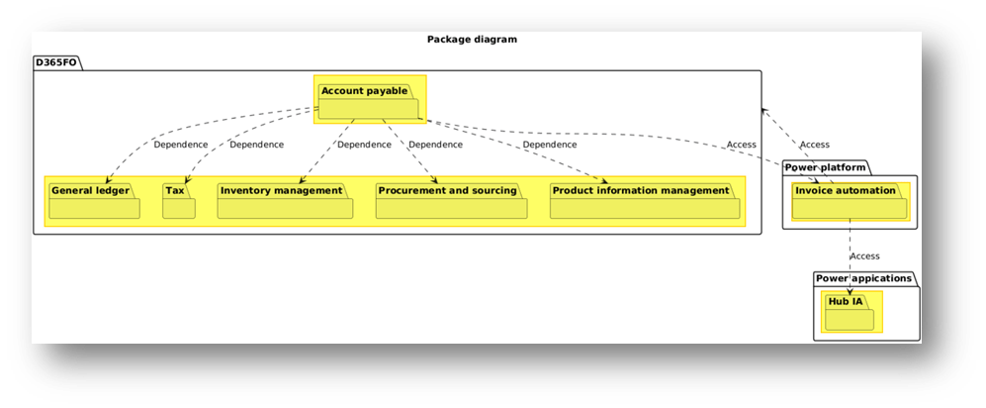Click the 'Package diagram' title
(x=472, y=40)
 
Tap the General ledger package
(x=94, y=200)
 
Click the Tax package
(x=179, y=200)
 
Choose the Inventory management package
(x=285, y=200)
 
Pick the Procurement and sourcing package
(x=451, y=200)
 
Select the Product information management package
(x=645, y=200)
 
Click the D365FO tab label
(x=57, y=62)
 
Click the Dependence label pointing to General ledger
(x=181, y=145)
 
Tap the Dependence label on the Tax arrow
(x=256, y=145)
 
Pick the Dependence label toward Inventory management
(x=364, y=145)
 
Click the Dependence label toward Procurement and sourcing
(x=435, y=145)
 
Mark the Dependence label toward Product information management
(x=550, y=145)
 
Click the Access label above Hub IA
(x=864, y=256)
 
